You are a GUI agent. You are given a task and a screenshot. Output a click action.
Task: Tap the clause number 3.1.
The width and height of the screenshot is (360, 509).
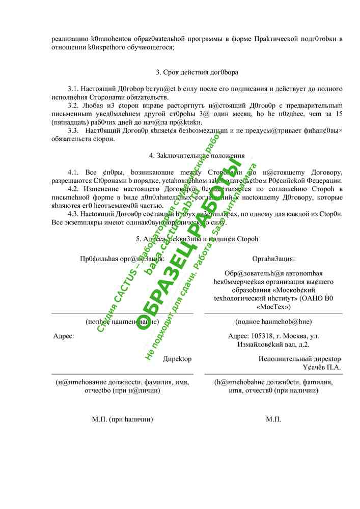74,89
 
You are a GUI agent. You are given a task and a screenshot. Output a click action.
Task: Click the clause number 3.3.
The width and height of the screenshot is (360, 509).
74,130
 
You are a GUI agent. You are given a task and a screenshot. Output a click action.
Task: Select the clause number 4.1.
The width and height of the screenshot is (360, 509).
74,173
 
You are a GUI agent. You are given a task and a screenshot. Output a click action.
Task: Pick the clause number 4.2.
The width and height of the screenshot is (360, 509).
74,189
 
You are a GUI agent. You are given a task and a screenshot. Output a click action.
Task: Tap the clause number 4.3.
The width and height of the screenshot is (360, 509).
74,214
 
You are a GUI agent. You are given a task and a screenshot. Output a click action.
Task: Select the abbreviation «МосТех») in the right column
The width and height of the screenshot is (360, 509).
273,307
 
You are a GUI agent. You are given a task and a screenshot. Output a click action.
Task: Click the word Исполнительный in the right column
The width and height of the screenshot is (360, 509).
283,359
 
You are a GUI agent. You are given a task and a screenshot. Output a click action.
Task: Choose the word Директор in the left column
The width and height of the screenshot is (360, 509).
177,359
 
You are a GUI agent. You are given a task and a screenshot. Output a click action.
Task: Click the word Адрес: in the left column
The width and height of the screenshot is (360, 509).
64,336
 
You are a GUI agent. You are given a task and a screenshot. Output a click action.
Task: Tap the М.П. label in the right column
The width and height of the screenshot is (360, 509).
273,419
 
